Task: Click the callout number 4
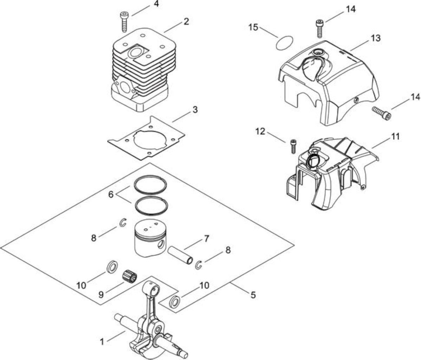click(x=156, y=5)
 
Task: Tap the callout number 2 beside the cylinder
click(x=186, y=21)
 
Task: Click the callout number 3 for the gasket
click(x=195, y=110)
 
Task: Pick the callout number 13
click(x=376, y=38)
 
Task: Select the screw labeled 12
click(x=294, y=146)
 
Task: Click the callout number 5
click(x=253, y=295)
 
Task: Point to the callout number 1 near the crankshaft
click(x=102, y=342)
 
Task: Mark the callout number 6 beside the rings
click(x=111, y=194)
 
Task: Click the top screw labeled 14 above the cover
click(x=319, y=28)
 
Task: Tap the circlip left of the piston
click(x=123, y=223)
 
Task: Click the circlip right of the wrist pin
click(x=199, y=265)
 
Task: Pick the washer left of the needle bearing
click(x=112, y=266)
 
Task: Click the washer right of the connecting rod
click(x=175, y=301)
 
